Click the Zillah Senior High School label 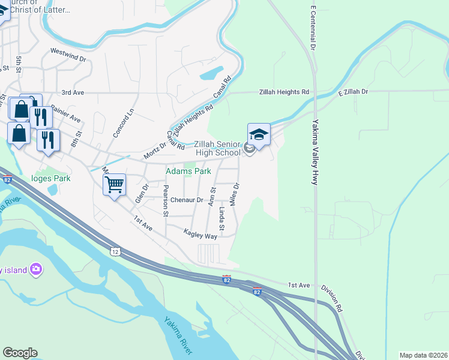tap(217, 149)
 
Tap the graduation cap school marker tap(259, 135)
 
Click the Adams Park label tap(188, 171)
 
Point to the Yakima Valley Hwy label tap(315, 152)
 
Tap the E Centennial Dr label tap(313, 28)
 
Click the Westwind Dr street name tap(68, 55)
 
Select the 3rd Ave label tap(73, 93)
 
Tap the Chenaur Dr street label tap(187, 200)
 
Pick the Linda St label tap(221, 219)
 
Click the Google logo tap(20, 353)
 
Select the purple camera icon tap(36, 269)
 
